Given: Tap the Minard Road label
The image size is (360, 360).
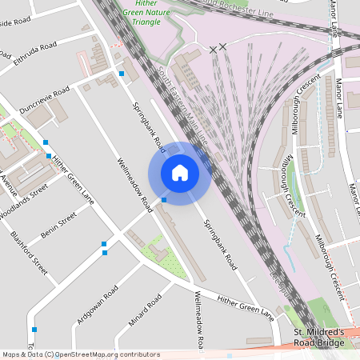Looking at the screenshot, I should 145,312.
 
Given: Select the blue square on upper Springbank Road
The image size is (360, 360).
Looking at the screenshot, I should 122,74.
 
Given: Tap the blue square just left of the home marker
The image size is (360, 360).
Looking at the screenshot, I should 163,200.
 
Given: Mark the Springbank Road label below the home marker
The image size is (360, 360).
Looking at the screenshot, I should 219,243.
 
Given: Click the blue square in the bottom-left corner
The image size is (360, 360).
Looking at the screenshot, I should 34,330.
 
